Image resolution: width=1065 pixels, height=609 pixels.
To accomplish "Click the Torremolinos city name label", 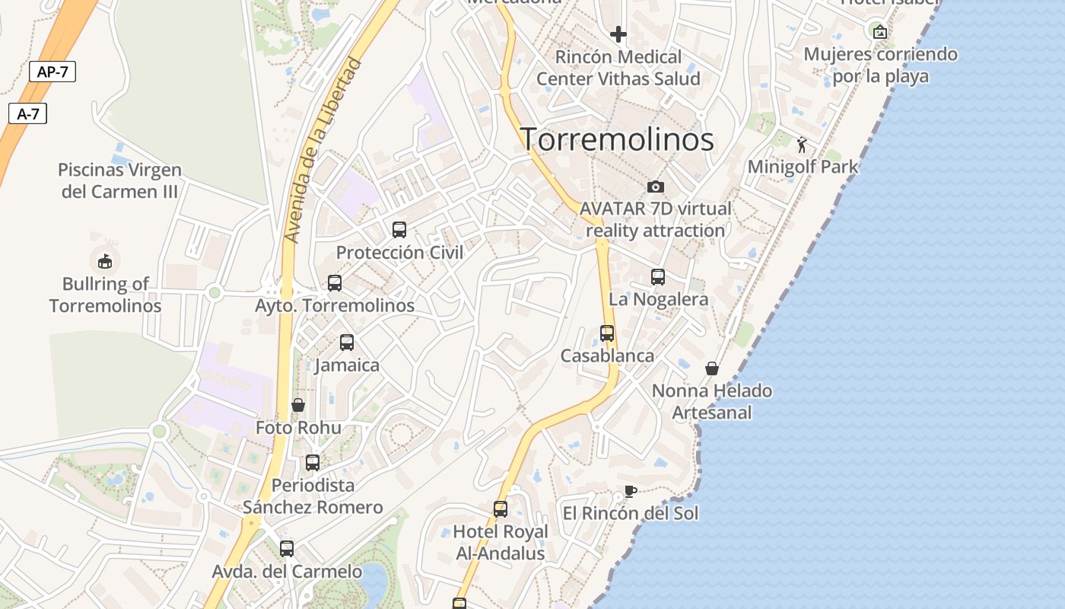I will [x=617, y=139].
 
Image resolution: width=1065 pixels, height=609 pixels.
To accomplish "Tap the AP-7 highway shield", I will [x=52, y=72].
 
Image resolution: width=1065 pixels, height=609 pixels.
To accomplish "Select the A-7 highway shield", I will [x=28, y=114].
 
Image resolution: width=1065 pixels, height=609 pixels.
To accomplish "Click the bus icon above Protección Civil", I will [x=399, y=229].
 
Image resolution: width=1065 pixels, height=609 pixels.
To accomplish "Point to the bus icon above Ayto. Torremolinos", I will [x=335, y=283].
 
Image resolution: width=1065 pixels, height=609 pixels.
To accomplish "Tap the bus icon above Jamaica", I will [x=347, y=342].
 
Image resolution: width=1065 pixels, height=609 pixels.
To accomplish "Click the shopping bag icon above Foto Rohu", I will [x=298, y=405].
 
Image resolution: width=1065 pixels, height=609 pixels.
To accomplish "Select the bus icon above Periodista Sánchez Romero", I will [x=313, y=462].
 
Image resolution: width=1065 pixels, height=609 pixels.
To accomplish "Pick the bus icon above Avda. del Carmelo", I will [x=287, y=548].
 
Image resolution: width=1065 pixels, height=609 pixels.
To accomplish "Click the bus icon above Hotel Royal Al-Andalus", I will [x=501, y=509].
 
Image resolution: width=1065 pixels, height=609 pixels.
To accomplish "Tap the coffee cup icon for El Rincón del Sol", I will [x=630, y=490].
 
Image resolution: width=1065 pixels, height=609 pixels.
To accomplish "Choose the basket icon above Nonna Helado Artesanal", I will [x=712, y=368].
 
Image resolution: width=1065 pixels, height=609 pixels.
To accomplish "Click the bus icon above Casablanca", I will [x=607, y=333].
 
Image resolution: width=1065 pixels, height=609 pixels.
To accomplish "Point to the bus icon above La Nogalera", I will [x=658, y=276].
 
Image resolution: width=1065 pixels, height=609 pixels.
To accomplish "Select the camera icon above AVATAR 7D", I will [x=655, y=187].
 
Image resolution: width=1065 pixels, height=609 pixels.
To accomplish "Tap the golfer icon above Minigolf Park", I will [x=803, y=144].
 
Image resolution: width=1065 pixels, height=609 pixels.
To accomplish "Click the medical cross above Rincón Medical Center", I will [x=618, y=34].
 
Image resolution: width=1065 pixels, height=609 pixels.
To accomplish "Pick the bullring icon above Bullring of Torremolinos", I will [x=105, y=261].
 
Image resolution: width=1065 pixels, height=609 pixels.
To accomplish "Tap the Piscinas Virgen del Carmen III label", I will [x=119, y=180].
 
